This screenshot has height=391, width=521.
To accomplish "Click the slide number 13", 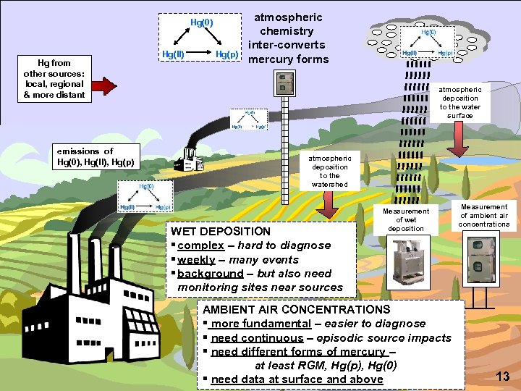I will tap(503, 375).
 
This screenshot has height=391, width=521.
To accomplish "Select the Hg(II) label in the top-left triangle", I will tap(172, 54).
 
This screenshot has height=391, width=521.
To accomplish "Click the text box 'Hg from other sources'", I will tap(54, 79).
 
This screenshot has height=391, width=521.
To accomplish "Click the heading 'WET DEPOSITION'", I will tap(219, 232).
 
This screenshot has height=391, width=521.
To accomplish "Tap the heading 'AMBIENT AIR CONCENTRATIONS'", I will tap(297, 309).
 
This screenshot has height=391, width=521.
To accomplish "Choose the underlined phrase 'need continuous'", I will tap(257, 337).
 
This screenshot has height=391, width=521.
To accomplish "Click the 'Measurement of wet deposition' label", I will tap(406, 219).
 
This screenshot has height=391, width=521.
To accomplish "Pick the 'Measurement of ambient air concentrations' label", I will tap(484, 215).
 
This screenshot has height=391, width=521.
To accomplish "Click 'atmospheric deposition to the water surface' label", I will tap(460, 102).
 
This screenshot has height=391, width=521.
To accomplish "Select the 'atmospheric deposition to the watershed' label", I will tap(329, 171).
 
